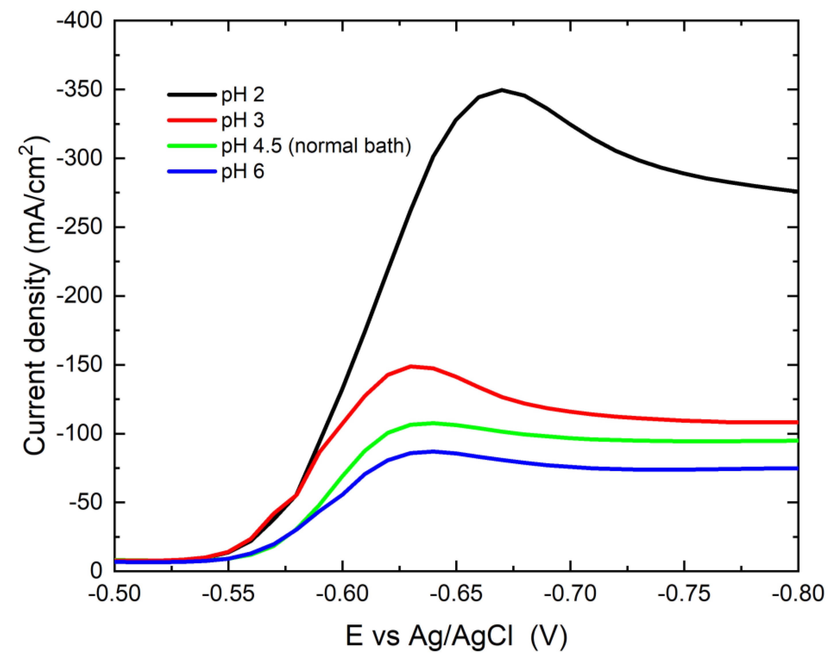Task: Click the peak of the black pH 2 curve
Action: [x=502, y=90]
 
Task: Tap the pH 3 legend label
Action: [x=243, y=120]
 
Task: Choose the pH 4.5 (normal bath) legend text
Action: [x=316, y=146]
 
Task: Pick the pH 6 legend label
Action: [x=243, y=172]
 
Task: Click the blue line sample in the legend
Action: [x=192, y=172]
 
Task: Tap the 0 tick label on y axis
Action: [x=96, y=571]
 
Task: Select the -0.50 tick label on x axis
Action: [x=115, y=593]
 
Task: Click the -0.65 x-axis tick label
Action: [x=456, y=593]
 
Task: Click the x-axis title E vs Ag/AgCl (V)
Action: [x=456, y=636]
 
